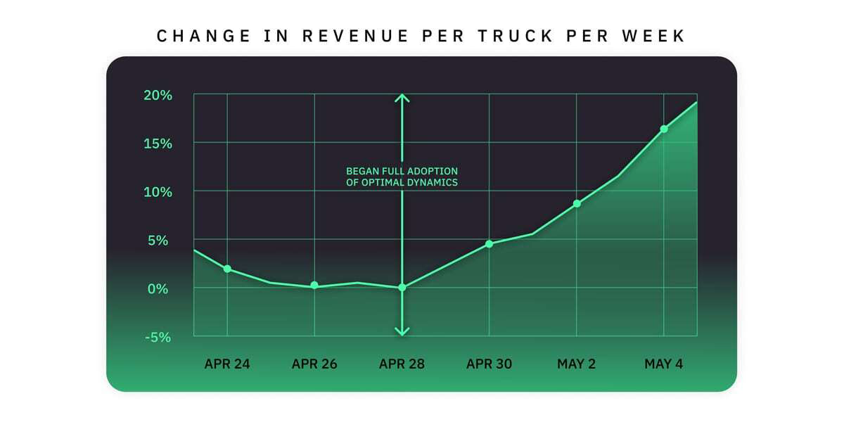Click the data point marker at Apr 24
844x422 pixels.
tap(227, 269)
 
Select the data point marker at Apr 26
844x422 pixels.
tap(314, 286)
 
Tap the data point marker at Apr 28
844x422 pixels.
tap(402, 288)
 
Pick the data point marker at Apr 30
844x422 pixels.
tap(490, 243)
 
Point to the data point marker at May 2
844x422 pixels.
tap(577, 203)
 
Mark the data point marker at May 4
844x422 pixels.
tap(664, 129)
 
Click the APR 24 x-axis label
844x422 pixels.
tap(227, 364)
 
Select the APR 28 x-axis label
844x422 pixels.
tap(402, 364)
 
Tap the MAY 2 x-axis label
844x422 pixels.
tap(577, 364)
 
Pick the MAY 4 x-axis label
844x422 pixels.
tap(664, 364)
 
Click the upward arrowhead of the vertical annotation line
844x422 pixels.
tap(402, 98)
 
